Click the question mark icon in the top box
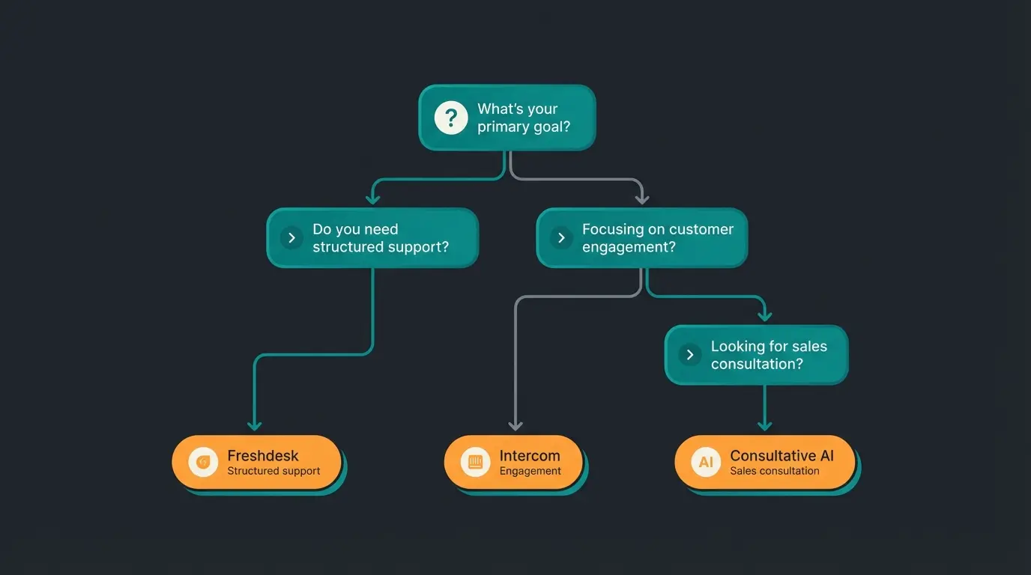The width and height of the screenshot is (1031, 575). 451,118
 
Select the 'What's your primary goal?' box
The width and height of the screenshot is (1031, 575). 507,118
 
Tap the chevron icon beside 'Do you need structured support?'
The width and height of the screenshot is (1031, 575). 291,238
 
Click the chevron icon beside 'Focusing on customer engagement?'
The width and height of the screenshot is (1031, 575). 561,238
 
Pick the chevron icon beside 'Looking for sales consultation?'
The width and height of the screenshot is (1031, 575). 690,355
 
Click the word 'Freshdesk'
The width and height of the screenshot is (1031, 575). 262,455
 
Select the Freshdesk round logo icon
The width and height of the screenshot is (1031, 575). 202,462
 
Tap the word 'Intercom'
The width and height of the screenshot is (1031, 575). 529,455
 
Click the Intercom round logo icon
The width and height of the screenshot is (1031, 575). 475,462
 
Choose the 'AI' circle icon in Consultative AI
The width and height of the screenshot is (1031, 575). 706,462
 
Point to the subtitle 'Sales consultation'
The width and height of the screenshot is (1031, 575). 774,472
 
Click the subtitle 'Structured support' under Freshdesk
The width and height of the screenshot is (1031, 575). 273,472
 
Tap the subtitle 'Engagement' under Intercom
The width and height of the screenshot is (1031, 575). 530,472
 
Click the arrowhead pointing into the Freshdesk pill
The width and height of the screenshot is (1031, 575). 255,425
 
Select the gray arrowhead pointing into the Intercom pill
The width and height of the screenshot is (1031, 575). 515,425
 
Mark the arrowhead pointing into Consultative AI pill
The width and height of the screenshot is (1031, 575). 764,425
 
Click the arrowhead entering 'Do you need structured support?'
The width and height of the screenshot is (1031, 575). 372,198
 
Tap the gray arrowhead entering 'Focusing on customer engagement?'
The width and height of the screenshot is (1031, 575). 641,198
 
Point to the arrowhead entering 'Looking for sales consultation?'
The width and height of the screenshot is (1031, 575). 764,315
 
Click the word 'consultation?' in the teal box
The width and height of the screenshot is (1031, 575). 757,364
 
